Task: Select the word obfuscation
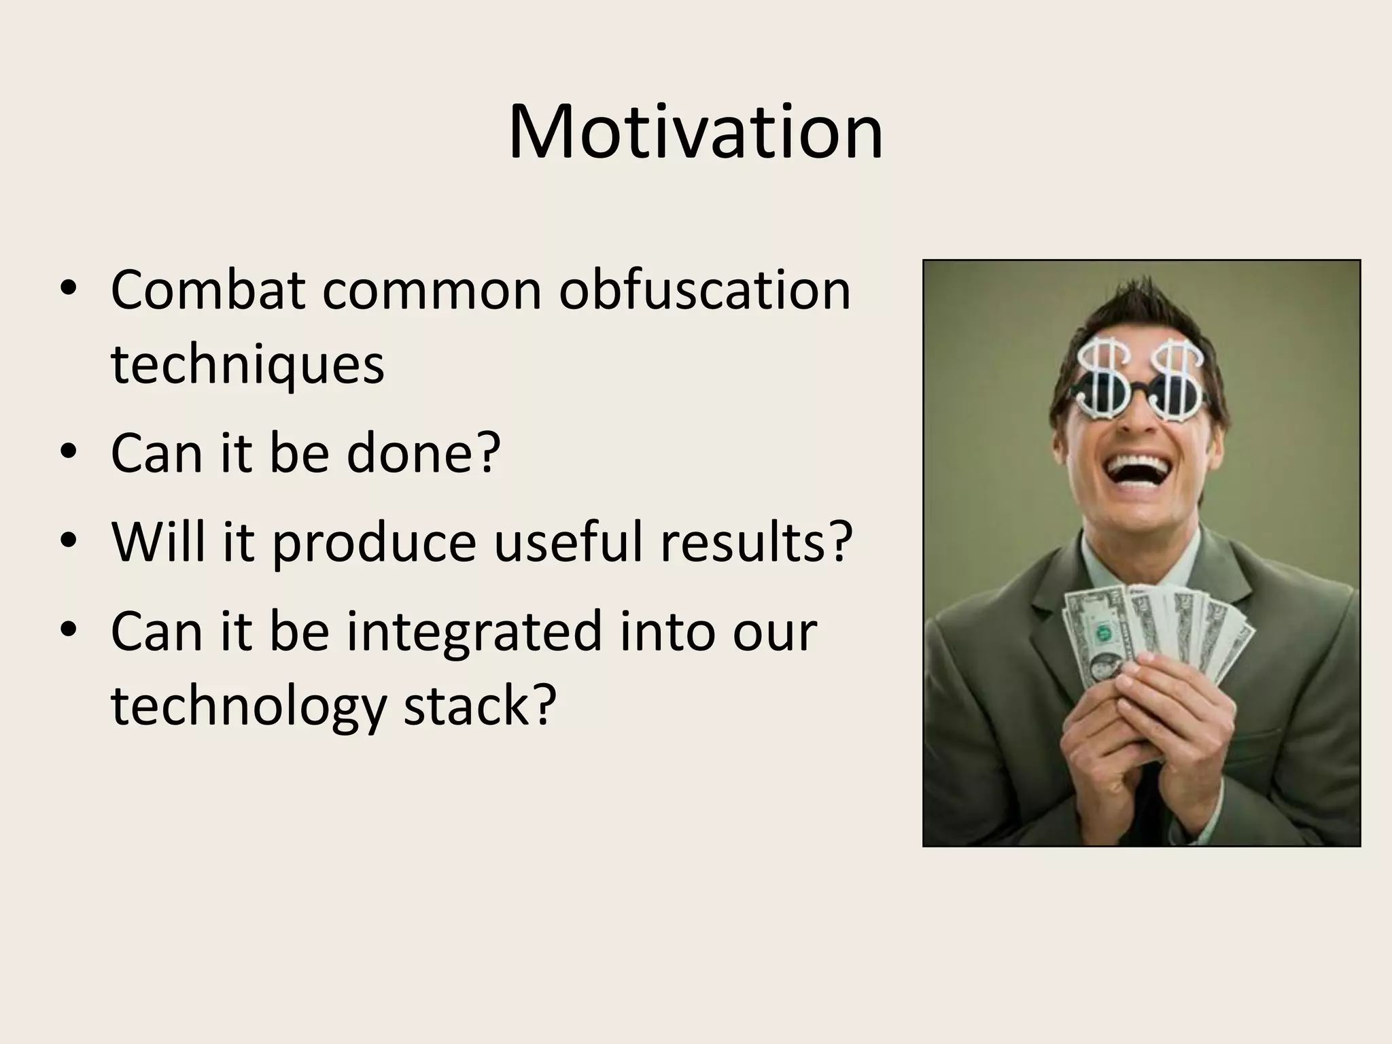click(705, 290)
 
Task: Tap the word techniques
click(247, 365)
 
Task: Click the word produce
click(375, 543)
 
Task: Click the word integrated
click(475, 632)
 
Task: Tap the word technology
click(248, 707)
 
